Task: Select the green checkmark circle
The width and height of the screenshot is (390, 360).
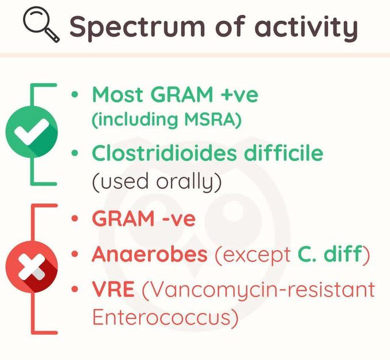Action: [32, 134]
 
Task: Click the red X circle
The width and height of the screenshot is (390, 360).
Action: [32, 268]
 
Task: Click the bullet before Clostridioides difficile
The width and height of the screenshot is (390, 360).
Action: [75, 154]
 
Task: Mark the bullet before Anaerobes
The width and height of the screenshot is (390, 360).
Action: [75, 255]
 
